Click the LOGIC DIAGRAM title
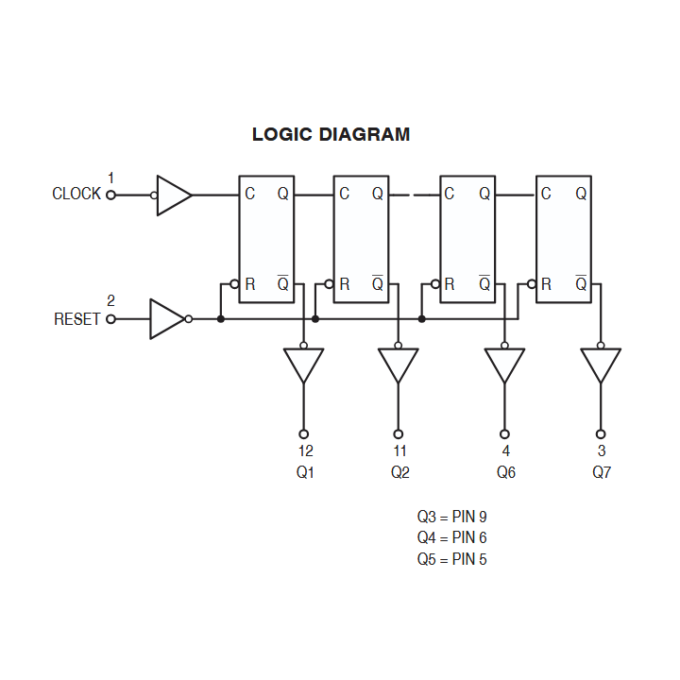pos(331,134)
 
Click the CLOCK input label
pos(76,194)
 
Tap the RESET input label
pos(76,319)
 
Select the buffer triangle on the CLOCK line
pos(173,195)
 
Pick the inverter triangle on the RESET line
pos(166,319)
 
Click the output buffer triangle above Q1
pos(303,364)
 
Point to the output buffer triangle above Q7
pos(601,364)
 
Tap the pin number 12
pos(305,450)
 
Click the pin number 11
pos(400,450)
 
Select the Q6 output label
pos(506,472)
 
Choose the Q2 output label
pos(400,472)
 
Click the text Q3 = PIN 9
pos(451,517)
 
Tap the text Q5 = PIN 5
pos(451,559)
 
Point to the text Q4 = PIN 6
pos(451,537)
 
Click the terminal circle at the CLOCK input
pos(110,195)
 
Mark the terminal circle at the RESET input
pos(110,319)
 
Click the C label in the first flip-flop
pos(249,195)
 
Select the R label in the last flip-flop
pos(546,283)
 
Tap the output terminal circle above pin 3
pos(601,433)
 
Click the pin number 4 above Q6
pos(506,450)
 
